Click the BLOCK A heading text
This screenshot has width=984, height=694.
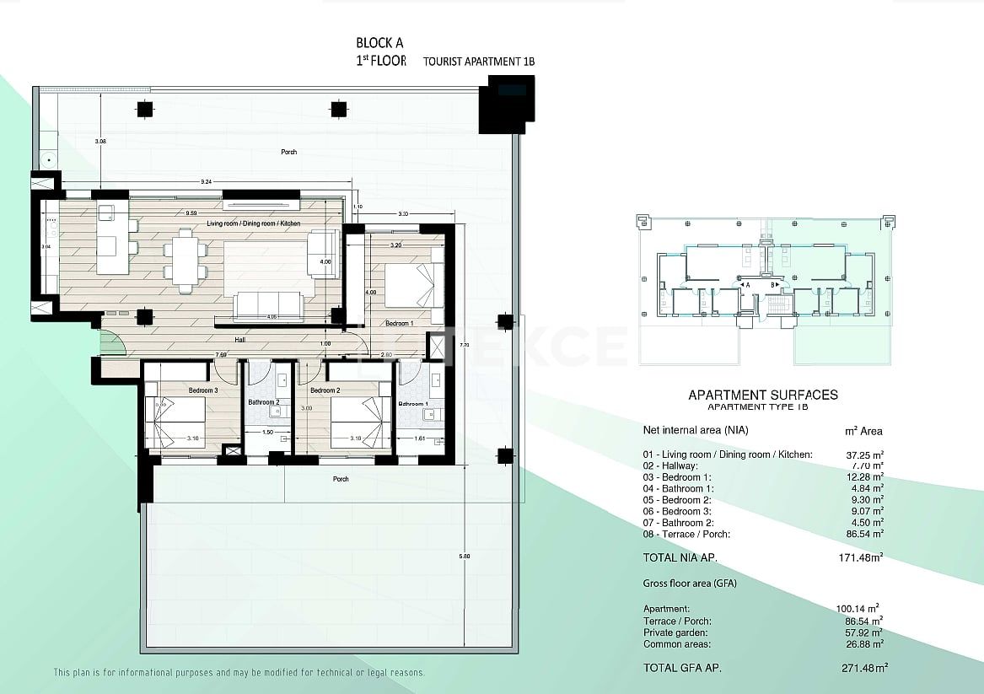point(379,43)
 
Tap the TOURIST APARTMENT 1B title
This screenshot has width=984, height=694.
point(479,62)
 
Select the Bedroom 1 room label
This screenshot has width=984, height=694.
point(399,323)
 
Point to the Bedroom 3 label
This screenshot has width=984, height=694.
point(203,390)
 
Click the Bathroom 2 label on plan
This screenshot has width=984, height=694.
point(263,402)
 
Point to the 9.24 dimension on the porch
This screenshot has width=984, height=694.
point(206,181)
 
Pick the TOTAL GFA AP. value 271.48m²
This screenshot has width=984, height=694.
point(858,668)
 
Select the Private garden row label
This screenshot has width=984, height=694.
point(676,632)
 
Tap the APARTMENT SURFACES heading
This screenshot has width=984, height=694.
point(762,394)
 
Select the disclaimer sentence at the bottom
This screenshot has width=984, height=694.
point(239,673)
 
